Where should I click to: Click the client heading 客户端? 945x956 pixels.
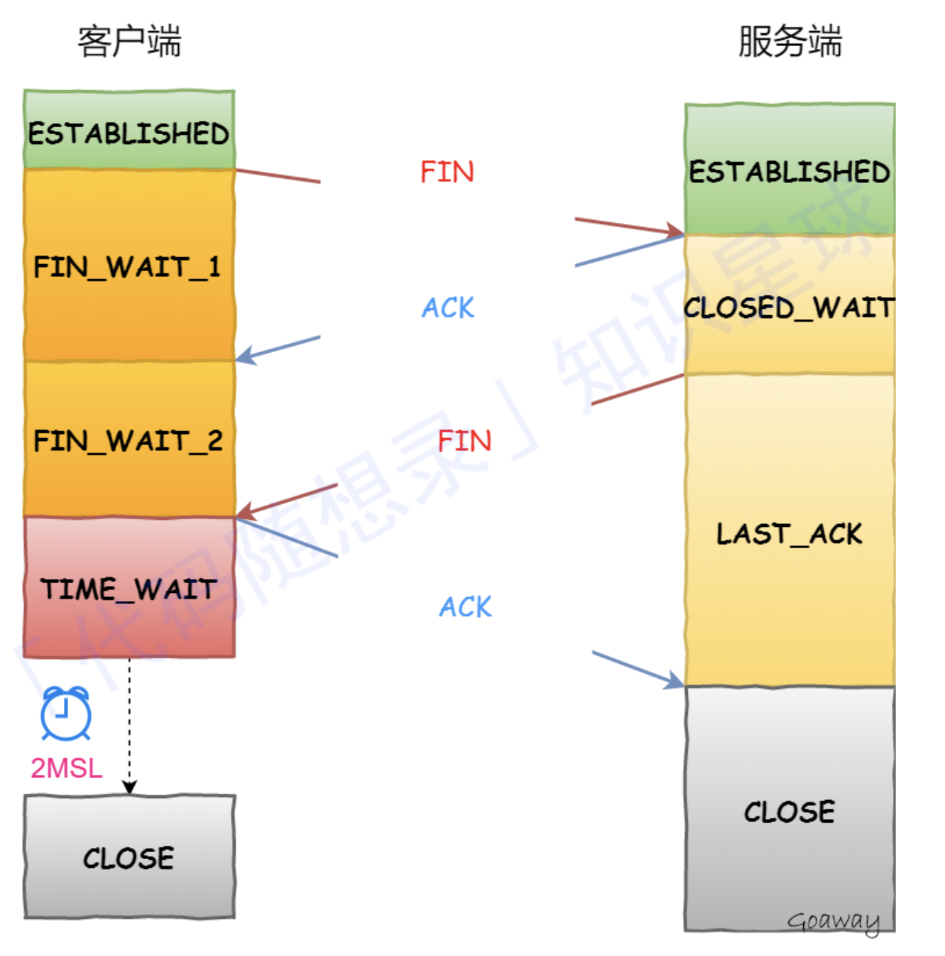coord(129,41)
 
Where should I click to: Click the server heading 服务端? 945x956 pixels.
coord(790,41)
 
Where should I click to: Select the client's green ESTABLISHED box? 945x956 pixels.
coord(129,131)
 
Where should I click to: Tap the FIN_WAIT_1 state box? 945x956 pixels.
coord(129,265)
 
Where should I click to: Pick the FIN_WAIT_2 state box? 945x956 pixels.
coord(129,439)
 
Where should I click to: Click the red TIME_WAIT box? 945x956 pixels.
coord(129,588)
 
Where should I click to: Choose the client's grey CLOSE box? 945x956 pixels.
coord(129,857)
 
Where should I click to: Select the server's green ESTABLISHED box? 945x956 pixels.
coord(790,171)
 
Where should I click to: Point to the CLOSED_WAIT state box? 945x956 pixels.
coord(790,306)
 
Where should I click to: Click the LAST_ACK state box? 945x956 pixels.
coord(790,533)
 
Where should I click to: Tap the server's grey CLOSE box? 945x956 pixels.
coord(790,812)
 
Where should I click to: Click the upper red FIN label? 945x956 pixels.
coord(447,172)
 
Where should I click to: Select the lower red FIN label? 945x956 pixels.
coord(465,441)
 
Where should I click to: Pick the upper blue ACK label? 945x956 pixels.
coord(448,307)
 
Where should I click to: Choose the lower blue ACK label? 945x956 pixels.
coord(466,607)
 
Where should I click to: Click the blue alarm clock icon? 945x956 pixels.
coord(65,713)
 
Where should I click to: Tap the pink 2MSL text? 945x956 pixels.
coord(67,768)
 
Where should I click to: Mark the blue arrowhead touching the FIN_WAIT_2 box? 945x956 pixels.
coord(244,356)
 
